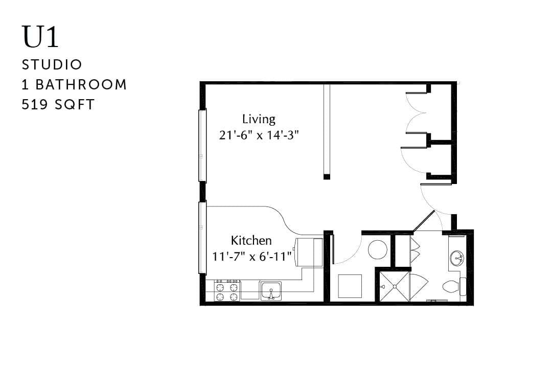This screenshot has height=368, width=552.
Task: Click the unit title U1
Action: point(40,37)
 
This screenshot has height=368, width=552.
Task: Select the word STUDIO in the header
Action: point(52,65)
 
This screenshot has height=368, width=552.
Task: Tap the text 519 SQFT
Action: point(58,105)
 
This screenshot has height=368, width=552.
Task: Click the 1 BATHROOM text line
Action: point(74,85)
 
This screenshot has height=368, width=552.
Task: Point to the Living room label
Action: point(259,120)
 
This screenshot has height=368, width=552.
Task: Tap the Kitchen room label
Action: point(251,240)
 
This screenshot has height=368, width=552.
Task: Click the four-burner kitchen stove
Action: point(227,290)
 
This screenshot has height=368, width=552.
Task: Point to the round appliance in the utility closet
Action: point(378,250)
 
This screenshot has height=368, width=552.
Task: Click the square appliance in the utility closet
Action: point(350,286)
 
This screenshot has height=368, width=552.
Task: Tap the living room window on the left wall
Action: point(202,146)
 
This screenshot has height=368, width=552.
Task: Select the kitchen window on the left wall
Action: point(202,238)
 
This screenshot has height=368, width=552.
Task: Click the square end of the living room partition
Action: point(327,177)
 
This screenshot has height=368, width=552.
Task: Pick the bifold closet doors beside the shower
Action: point(415,250)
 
